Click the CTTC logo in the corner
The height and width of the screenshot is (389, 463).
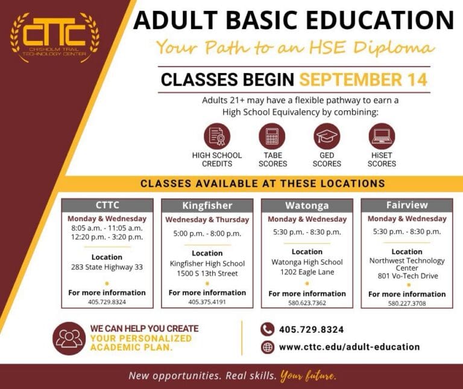click(55, 37)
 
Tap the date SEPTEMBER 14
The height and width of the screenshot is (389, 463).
click(364, 80)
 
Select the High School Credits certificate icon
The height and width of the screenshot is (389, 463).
click(217, 136)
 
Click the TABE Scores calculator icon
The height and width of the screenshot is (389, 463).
click(272, 136)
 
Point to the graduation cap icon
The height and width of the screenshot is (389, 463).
click(327, 136)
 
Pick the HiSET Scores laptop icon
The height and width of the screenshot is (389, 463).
click(382, 136)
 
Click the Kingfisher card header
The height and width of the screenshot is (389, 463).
click(207, 205)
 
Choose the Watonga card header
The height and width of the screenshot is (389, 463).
click(307, 205)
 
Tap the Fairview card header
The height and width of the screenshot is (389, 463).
click(407, 205)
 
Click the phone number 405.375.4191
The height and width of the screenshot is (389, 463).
click(207, 302)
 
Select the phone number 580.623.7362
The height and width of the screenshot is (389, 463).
click(307, 303)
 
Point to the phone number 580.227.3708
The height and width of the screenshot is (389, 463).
click(407, 303)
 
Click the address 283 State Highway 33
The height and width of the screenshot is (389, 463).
click(107, 267)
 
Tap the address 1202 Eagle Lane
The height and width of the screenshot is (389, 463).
click(307, 272)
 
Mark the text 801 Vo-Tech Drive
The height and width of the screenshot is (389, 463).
click(408, 275)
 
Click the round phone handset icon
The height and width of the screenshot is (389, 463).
click(268, 329)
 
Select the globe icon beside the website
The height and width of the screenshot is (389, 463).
click(268, 347)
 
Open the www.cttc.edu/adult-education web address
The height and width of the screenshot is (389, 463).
click(349, 347)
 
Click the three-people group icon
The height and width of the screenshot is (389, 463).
click(69, 338)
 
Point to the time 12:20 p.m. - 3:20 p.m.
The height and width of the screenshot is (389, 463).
click(107, 237)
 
